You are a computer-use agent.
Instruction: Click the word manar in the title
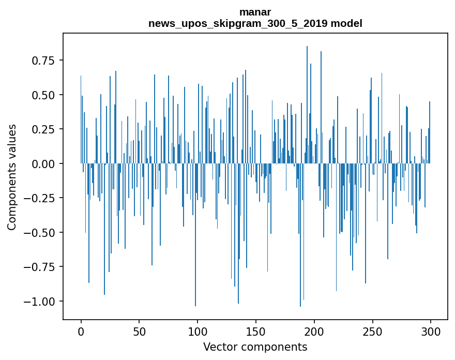click(255, 12)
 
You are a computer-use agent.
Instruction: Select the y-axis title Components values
click(12, 176)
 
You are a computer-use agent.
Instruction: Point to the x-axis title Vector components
click(255, 347)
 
